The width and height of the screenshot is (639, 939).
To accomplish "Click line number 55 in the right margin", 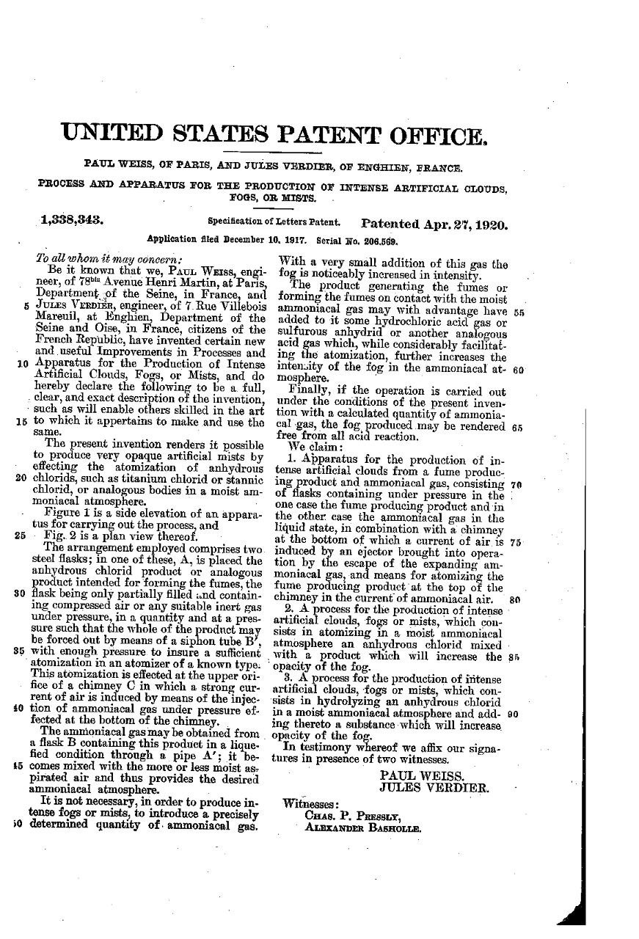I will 518,312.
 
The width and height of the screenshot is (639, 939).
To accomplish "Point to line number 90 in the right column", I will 513,712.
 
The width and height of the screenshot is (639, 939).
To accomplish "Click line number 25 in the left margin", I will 20,536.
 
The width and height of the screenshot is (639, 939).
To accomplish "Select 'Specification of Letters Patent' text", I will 273,221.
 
